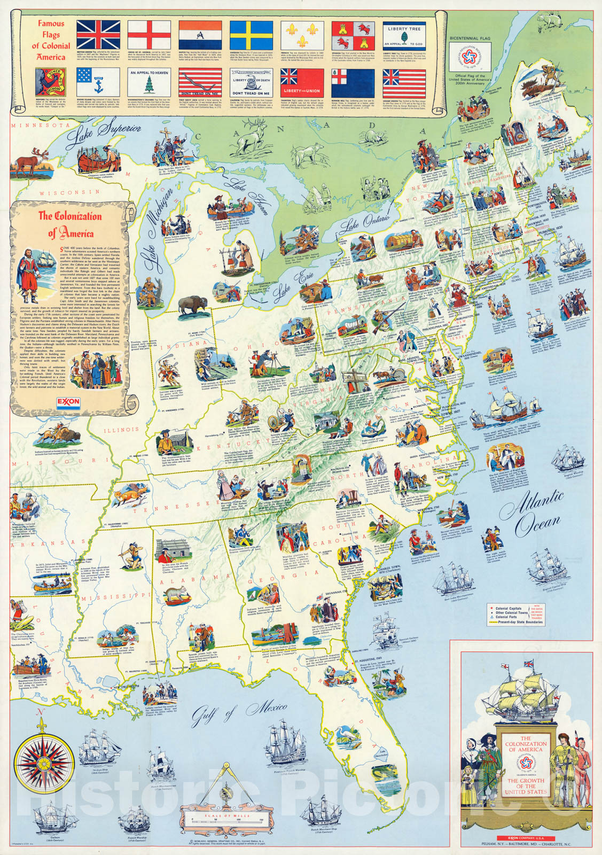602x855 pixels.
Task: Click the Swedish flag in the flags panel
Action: click(x=252, y=35)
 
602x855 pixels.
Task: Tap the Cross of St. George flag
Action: click(x=149, y=35)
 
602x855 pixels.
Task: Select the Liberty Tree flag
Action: click(x=404, y=35)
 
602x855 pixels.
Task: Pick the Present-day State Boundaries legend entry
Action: click(x=518, y=621)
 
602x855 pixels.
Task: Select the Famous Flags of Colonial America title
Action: click(x=51, y=40)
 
